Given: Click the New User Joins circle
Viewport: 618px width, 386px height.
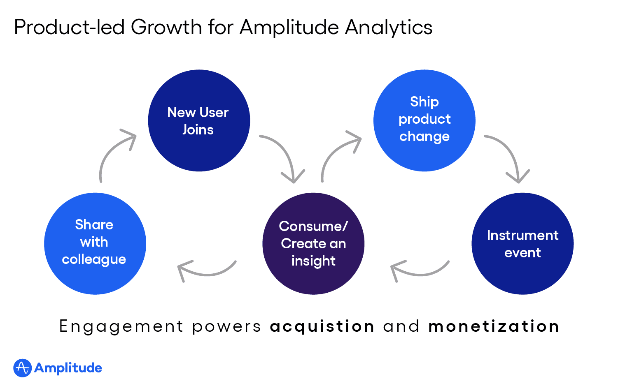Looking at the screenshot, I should pyautogui.click(x=199, y=120).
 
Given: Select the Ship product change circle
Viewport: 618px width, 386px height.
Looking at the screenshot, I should pyautogui.click(x=424, y=120).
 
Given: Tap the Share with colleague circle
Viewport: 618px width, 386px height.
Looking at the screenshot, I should pyautogui.click(x=95, y=243).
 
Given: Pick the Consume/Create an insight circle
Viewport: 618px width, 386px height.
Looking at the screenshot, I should pyautogui.click(x=313, y=243).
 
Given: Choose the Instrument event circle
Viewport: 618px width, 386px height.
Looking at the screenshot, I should pyautogui.click(x=522, y=243).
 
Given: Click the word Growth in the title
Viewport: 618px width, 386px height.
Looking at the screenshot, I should pyautogui.click(x=166, y=28).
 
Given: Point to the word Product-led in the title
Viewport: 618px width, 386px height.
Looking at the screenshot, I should pyautogui.click(x=69, y=28).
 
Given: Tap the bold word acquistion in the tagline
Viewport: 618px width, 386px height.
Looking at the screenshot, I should pyautogui.click(x=322, y=326).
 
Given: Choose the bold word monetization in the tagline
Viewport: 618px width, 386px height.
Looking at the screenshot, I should pyautogui.click(x=494, y=326).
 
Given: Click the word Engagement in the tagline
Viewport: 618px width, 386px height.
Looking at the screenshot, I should pyautogui.click(x=121, y=326).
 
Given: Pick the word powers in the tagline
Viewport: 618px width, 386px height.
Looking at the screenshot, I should pyautogui.click(x=226, y=326).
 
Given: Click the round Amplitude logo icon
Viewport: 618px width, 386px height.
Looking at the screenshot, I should pyautogui.click(x=22, y=368).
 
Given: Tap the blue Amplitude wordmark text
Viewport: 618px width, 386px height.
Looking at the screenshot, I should pyautogui.click(x=68, y=368).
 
